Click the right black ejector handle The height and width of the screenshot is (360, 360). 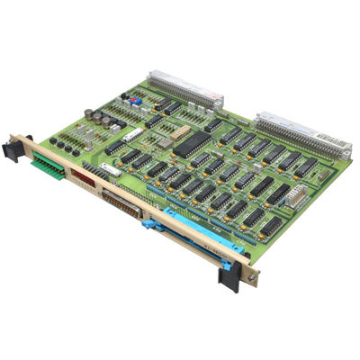pyautogui.click(x=229, y=274)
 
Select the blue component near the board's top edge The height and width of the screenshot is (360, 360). pyautogui.click(x=132, y=102)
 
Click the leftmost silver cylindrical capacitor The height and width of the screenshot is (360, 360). pyautogui.click(x=89, y=113)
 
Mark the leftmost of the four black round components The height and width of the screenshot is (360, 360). pyautogui.click(x=53, y=140)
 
